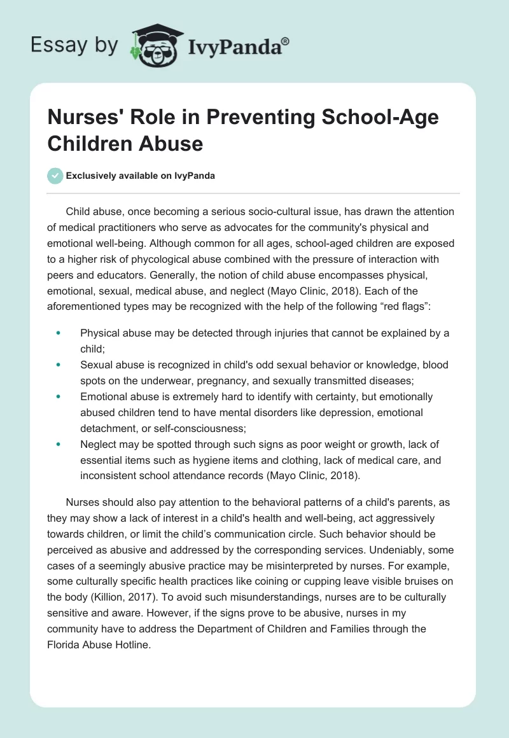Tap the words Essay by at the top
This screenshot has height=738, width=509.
click(74, 46)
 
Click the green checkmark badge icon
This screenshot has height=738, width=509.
click(56, 176)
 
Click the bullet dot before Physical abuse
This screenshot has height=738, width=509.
click(59, 333)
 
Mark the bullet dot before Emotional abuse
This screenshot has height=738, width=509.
click(59, 396)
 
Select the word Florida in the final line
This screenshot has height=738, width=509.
click(66, 644)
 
